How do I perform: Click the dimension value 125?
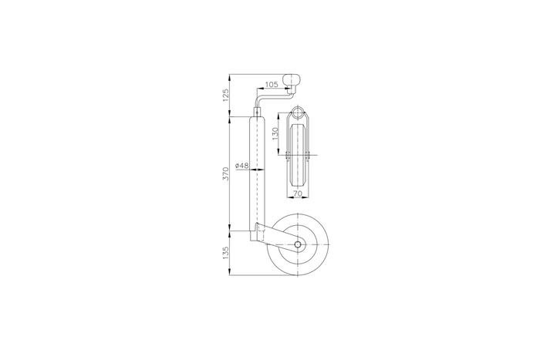[x=225, y=96]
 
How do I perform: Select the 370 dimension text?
[x=225, y=173]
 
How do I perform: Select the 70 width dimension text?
[x=298, y=196]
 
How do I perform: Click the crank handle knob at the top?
[x=292, y=79]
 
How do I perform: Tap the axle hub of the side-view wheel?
[x=298, y=244]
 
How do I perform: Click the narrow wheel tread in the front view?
[x=298, y=173]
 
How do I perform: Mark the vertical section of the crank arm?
[x=256, y=104]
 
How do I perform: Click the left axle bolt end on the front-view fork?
[x=285, y=159]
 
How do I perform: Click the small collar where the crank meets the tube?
[x=256, y=115]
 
